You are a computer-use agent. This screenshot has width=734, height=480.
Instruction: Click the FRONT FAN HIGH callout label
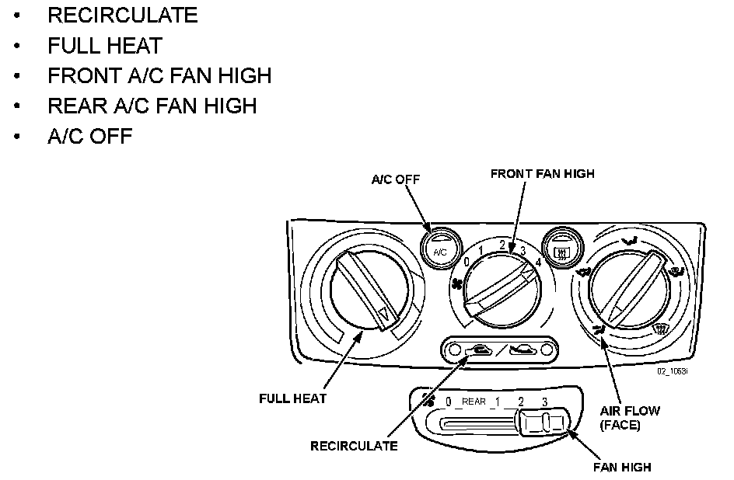pyautogui.click(x=542, y=174)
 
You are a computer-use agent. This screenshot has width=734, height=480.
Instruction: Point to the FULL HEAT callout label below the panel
pyautogui.click(x=292, y=398)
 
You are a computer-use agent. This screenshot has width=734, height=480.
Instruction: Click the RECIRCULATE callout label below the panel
pyautogui.click(x=354, y=446)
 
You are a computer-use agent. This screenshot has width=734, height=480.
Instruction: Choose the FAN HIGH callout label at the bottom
pyautogui.click(x=622, y=468)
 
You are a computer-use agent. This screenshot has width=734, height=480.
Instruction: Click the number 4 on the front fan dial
pyautogui.click(x=537, y=262)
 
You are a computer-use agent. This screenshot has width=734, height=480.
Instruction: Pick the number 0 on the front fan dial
pyautogui.click(x=467, y=263)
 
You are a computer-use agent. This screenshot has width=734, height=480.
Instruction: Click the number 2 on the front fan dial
pyautogui.click(x=503, y=245)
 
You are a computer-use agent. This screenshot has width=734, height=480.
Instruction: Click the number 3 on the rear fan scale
pyautogui.click(x=544, y=402)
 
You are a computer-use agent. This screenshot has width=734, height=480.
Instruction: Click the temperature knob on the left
pyautogui.click(x=365, y=288)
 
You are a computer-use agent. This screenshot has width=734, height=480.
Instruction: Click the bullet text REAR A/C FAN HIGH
pyautogui.click(x=152, y=105)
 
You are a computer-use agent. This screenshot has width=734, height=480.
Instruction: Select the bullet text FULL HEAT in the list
pyautogui.click(x=105, y=45)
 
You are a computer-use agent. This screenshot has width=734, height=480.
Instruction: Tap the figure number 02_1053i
pyautogui.click(x=674, y=371)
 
